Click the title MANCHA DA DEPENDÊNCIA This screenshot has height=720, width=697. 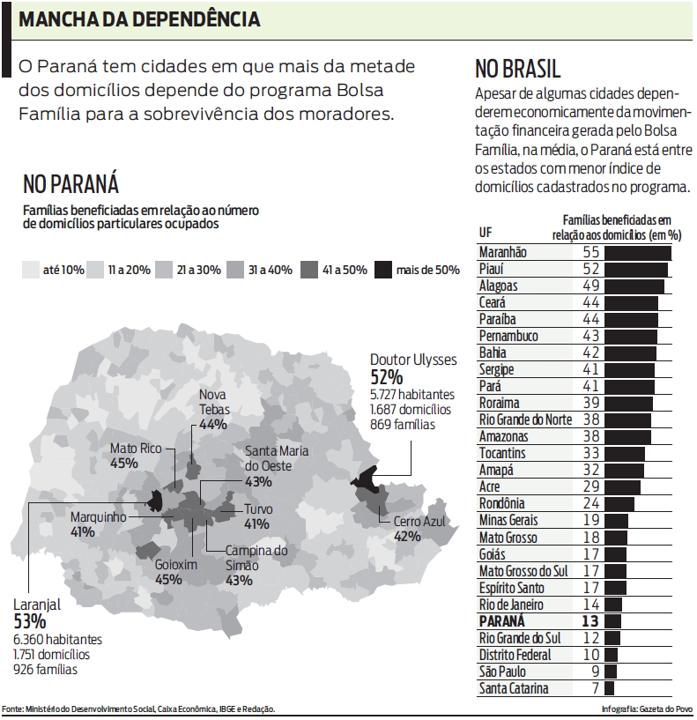[138, 19]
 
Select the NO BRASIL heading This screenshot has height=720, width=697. [517, 69]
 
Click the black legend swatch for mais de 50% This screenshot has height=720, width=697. [383, 270]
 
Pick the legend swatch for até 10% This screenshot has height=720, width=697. [31, 270]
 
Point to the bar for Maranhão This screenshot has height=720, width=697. [637, 253]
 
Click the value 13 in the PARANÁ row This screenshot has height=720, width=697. [590, 621]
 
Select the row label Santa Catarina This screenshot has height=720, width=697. [514, 688]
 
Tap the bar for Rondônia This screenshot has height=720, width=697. [619, 504]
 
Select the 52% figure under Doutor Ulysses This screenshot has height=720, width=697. [387, 377]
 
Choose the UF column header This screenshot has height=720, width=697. [486, 233]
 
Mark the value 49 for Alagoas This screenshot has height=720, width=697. [590, 286]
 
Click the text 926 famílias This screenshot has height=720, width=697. [45, 670]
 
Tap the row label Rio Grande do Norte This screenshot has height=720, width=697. [525, 419]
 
